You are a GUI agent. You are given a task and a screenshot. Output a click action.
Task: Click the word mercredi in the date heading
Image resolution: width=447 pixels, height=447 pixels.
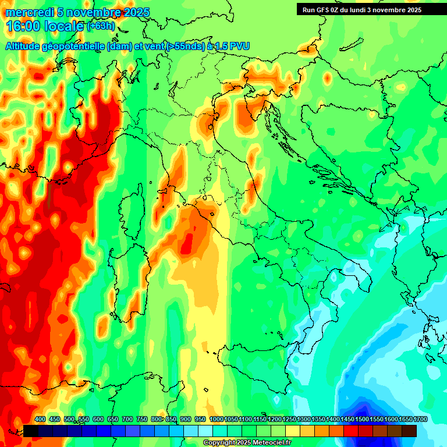point(30,12)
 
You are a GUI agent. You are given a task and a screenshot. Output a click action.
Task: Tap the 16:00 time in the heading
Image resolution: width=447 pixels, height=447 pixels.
point(23,26)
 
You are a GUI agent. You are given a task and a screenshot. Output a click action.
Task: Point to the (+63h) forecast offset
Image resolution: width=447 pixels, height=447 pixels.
point(100,26)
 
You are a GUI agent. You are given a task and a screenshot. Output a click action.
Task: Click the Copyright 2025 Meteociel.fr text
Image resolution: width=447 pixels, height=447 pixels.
point(247,443)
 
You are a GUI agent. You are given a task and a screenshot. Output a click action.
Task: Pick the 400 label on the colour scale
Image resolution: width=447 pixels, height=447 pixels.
point(40,419)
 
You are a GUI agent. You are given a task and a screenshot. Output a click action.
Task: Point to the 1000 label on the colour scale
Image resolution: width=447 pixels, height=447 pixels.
point(216,419)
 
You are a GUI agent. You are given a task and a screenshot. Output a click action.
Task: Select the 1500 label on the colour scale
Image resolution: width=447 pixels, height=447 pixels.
point(361,419)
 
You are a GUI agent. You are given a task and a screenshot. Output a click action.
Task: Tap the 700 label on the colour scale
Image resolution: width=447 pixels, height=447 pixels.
point(127,419)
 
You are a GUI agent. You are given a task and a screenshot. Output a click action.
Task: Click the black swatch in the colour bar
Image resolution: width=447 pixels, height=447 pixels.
point(31,431)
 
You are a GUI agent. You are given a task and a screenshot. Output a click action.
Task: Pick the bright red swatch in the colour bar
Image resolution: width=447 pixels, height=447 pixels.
point(351,431)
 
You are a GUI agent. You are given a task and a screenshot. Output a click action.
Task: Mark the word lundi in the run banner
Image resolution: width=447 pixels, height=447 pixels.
point(365,10)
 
